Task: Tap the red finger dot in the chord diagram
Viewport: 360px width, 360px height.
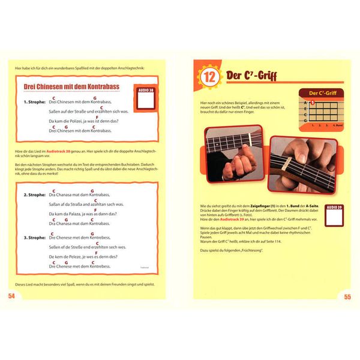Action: click(312, 103)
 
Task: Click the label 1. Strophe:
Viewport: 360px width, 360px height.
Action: click(35, 101)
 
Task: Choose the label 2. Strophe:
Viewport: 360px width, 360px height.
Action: click(35, 195)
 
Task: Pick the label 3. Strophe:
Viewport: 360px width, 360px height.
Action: click(35, 237)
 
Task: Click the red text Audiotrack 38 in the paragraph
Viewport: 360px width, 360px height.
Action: click(59, 149)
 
